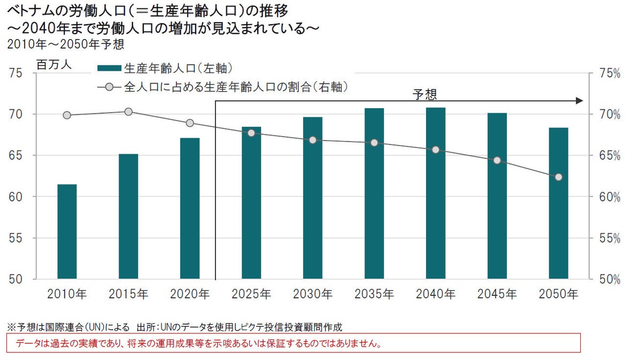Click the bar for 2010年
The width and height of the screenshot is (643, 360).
[67, 231]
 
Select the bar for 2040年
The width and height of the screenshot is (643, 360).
[436, 193]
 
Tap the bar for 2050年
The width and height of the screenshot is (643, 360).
[558, 203]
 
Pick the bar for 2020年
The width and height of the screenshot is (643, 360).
[190, 208]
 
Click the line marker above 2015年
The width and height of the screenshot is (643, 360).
[129, 111]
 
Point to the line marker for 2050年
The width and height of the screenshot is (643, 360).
[558, 177]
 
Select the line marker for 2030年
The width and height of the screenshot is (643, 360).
[313, 140]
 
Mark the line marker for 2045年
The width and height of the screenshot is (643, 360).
[497, 160]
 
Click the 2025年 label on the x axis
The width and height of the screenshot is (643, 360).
[251, 294]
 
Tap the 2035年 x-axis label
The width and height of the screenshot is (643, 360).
[374, 294]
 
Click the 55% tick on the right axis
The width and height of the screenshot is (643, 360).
[609, 238]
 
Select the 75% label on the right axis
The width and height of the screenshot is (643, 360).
[609, 73]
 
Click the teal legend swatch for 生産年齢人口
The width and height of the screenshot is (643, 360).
[109, 68]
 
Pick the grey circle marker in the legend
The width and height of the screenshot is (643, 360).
[109, 86]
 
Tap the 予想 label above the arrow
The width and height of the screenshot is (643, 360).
[424, 95]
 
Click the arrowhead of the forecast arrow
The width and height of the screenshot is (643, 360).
[579, 101]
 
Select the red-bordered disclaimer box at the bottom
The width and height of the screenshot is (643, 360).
[293, 343]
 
